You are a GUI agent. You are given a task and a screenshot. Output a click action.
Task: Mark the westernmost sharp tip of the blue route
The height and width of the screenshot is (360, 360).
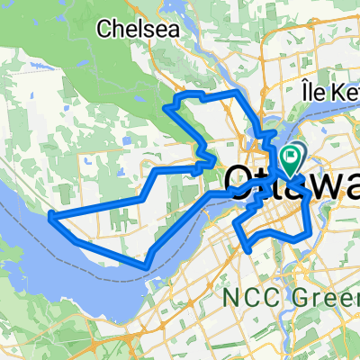[x=49, y=214]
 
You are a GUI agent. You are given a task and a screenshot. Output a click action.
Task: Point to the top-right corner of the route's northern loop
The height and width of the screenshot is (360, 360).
[x=236, y=94]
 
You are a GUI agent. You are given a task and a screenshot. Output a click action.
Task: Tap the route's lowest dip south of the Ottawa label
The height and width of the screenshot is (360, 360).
[x=246, y=243]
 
